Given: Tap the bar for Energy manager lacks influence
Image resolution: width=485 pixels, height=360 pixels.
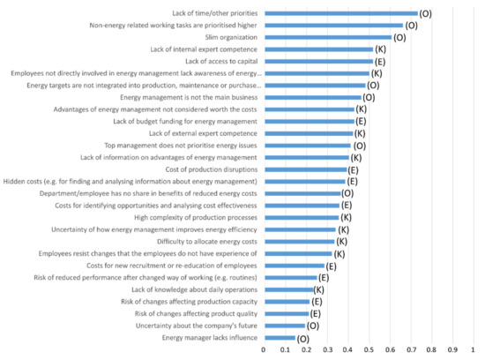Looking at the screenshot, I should coord(280,338).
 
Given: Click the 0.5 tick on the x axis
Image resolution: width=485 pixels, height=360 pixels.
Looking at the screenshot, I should coord(369,350).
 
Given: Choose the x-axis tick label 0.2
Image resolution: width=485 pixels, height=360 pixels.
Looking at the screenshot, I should coord(306,350).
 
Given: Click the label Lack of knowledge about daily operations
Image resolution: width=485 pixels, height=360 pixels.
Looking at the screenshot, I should coord(195,289).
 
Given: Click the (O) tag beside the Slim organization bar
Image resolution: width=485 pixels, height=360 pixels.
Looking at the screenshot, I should coord(399,38).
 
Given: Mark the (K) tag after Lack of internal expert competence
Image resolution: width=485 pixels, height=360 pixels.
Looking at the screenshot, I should coord(380,50).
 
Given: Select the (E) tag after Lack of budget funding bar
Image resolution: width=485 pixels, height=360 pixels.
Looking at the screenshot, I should coord(361,122).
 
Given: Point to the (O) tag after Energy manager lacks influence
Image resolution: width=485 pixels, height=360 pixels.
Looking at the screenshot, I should coord(303,338).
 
